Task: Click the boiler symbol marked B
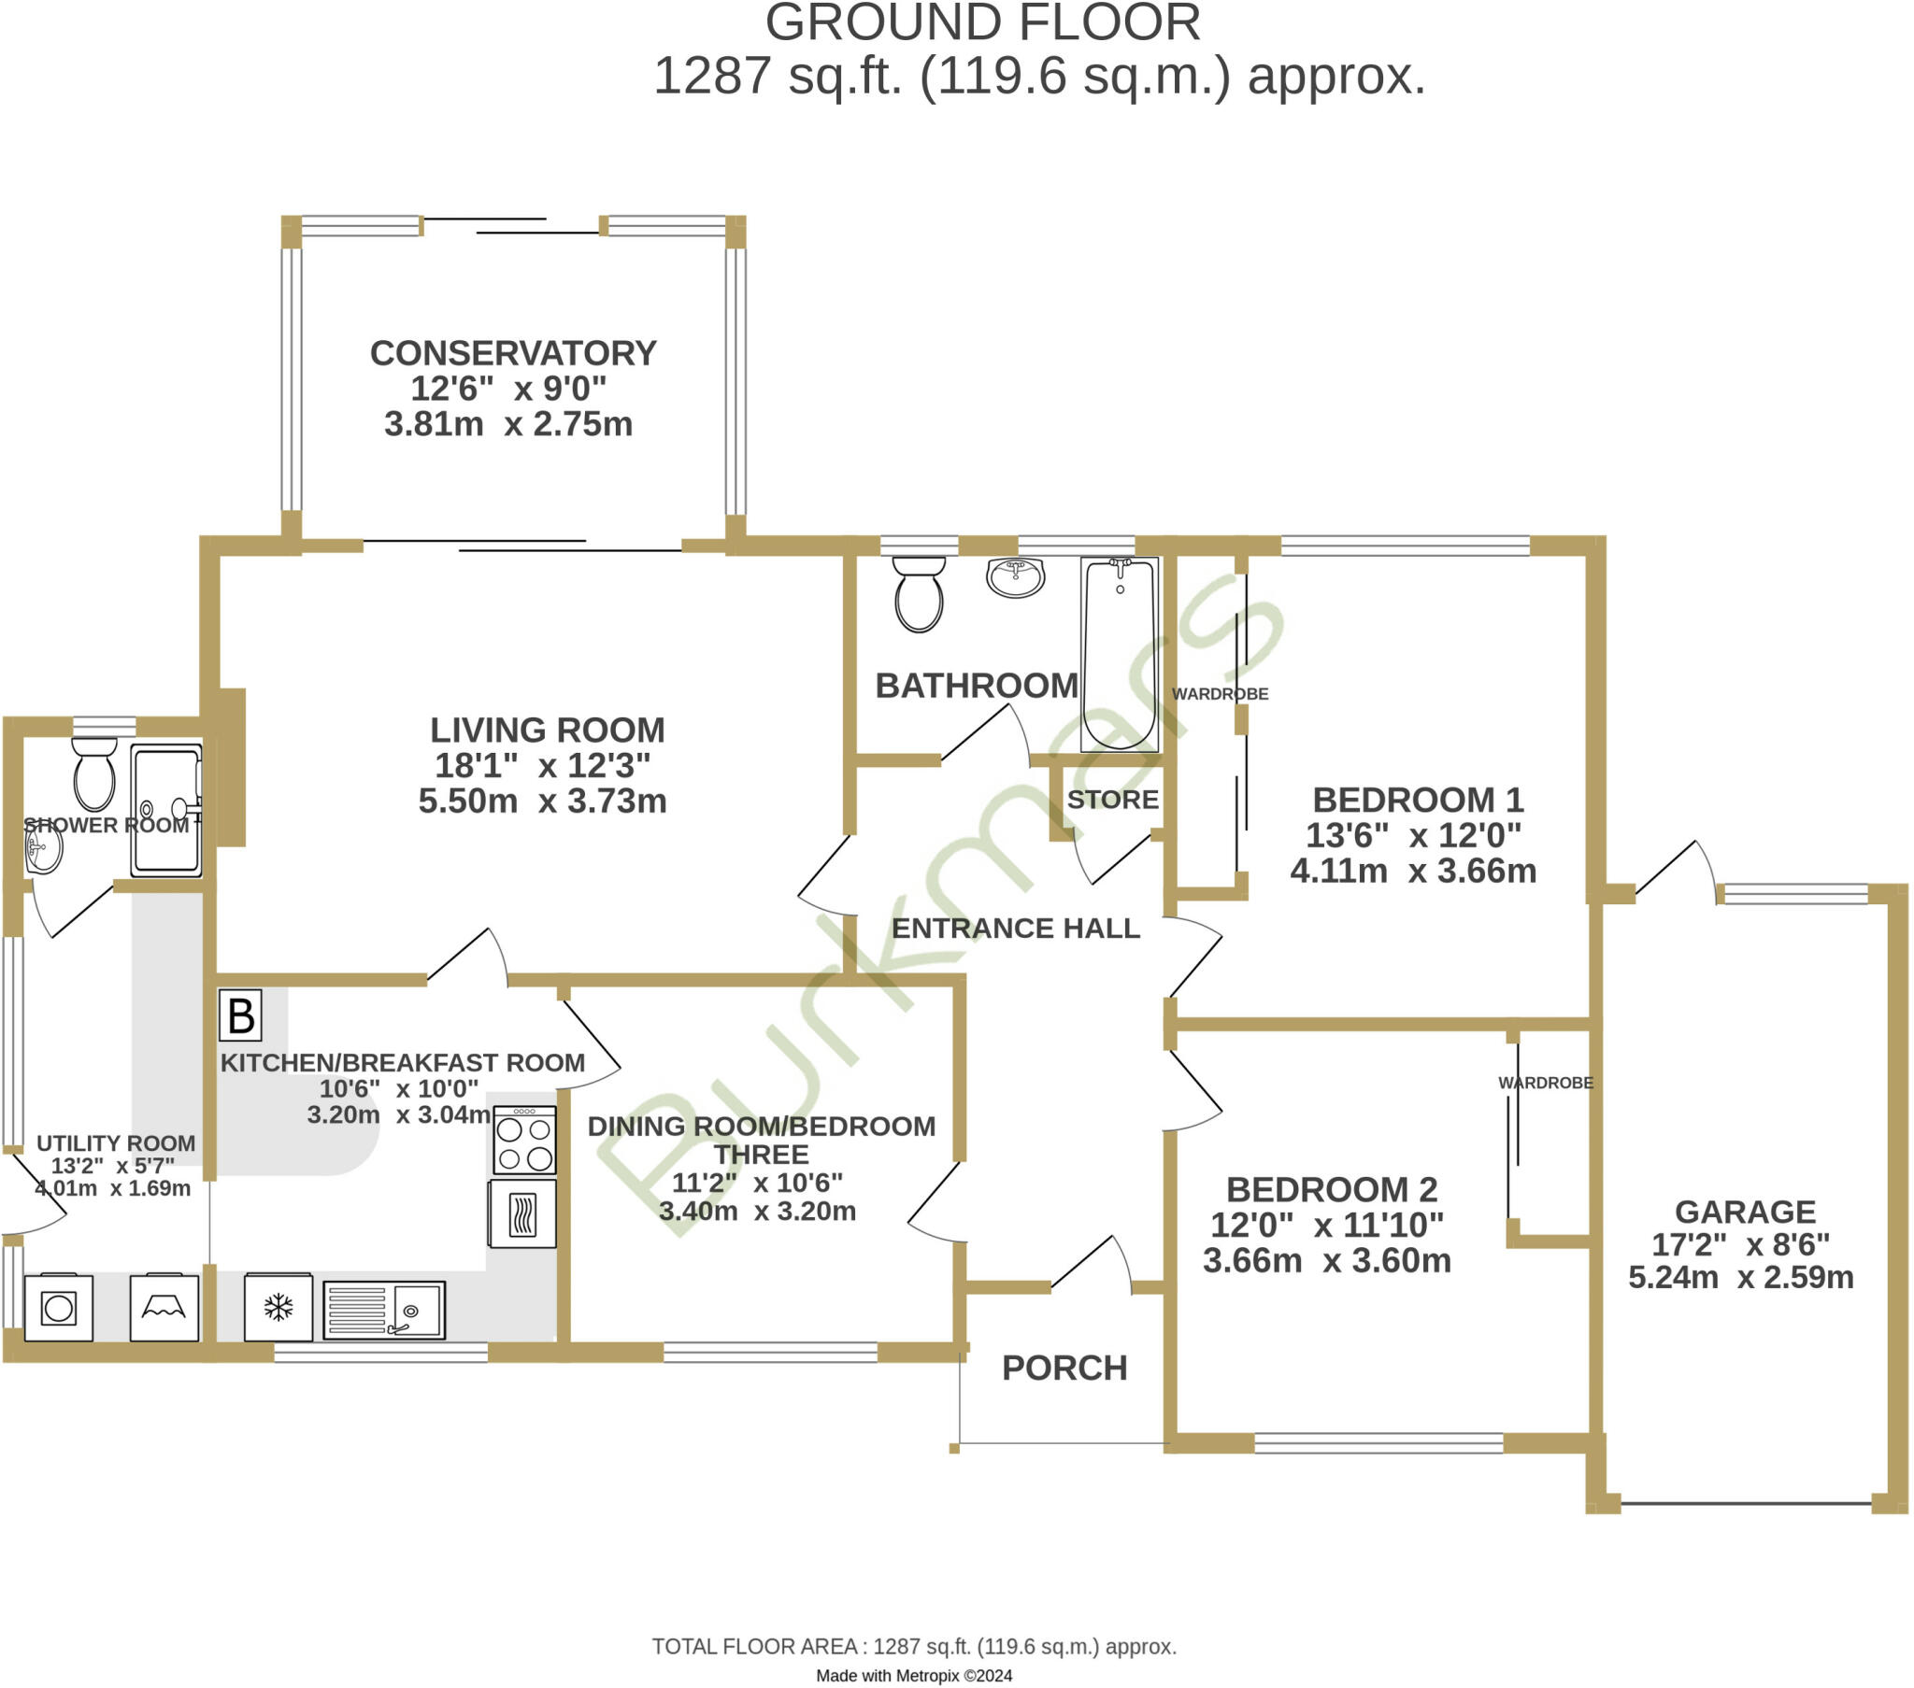(x=240, y=1015)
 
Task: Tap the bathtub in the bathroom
(x=1120, y=655)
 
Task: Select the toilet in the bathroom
(x=919, y=593)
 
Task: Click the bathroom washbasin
(x=1015, y=576)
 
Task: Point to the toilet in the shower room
(x=93, y=773)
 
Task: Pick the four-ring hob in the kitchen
(x=524, y=1140)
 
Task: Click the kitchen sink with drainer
(x=384, y=1310)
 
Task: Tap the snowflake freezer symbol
(x=279, y=1307)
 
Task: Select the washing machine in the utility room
(x=58, y=1307)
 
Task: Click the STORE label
(x=1112, y=800)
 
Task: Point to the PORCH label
(x=1064, y=1368)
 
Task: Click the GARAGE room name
(x=1745, y=1212)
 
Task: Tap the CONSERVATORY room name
(x=513, y=353)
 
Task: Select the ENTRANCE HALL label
(x=1015, y=928)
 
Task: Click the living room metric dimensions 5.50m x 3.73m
(x=542, y=801)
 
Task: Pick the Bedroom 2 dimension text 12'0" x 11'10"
(x=1327, y=1225)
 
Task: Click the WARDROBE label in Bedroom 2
(x=1545, y=1083)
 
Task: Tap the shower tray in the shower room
(x=165, y=811)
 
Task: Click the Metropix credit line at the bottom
(x=914, y=1676)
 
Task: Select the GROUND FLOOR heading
(x=982, y=22)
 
